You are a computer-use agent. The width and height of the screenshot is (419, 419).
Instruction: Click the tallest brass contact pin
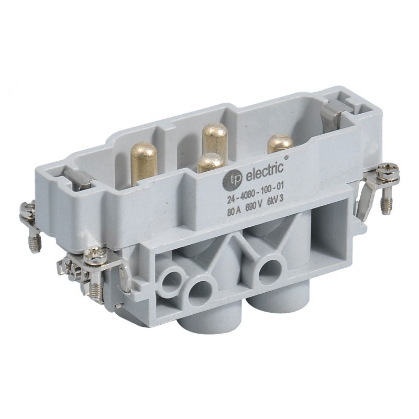tap(215, 137)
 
